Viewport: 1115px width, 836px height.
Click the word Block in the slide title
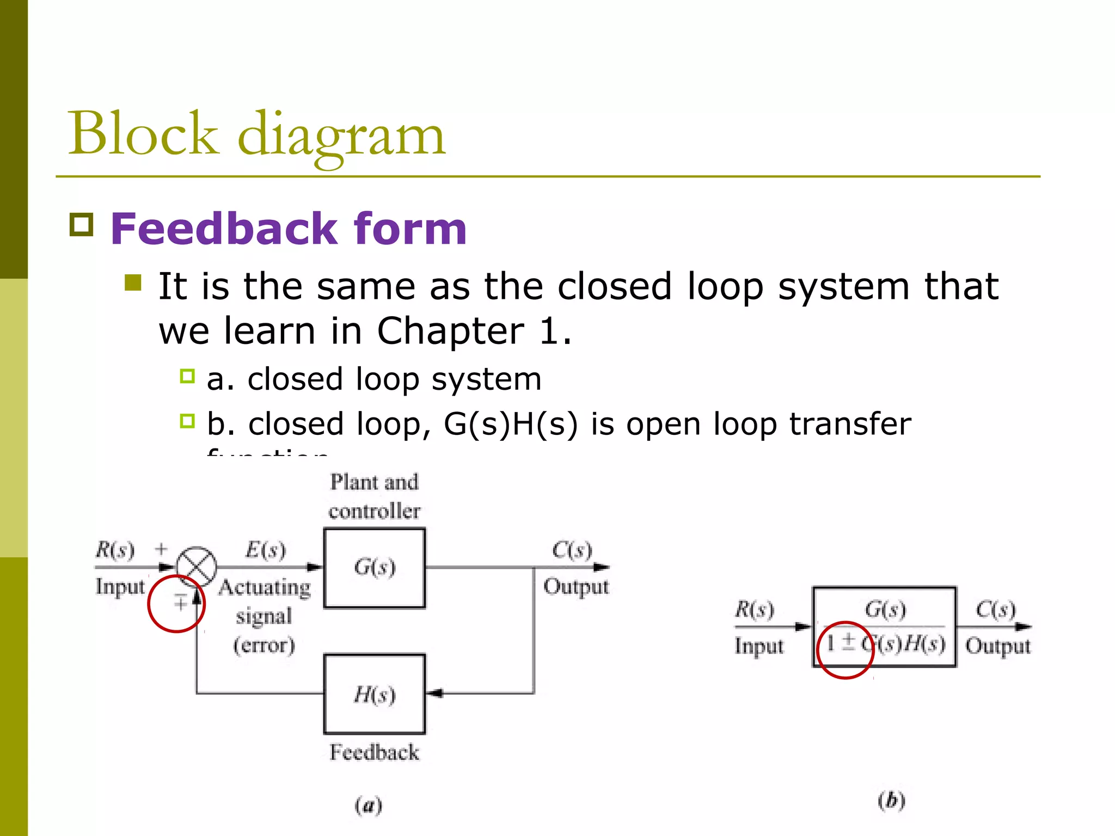tap(143, 133)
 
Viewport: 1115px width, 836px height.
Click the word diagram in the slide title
tap(342, 136)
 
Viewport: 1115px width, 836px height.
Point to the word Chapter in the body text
tap(450, 331)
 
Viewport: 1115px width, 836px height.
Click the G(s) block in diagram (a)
tap(375, 568)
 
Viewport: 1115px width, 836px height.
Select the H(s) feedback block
tap(375, 694)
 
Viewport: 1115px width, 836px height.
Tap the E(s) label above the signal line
tap(265, 550)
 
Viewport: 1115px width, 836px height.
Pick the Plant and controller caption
tap(375, 496)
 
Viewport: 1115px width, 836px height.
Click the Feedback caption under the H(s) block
tap(375, 752)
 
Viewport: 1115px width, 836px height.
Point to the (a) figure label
tap(369, 805)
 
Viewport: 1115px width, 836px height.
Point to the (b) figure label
tap(891, 801)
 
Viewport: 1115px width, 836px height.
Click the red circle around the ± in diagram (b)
tap(846, 650)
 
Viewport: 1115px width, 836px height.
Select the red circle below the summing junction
tap(176, 604)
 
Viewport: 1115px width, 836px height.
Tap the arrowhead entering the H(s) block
tap(434, 693)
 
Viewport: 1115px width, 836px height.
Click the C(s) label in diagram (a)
tap(572, 550)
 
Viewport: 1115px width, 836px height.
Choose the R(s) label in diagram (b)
tap(754, 609)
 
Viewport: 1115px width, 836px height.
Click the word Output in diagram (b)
tap(997, 646)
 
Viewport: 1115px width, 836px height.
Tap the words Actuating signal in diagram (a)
tap(265, 601)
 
